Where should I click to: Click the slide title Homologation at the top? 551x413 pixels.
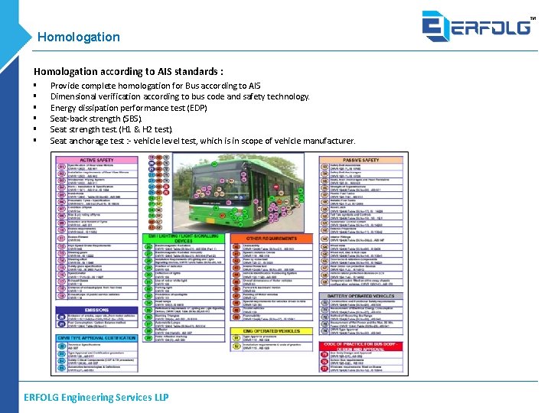pyautogui.click(x=78, y=37)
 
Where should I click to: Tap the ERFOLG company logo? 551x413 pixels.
pyautogui.click(x=476, y=27)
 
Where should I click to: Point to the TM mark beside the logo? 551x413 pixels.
pyautogui.click(x=533, y=18)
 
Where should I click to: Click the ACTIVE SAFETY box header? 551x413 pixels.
pyautogui.click(x=96, y=160)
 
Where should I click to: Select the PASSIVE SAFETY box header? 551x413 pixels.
pyautogui.click(x=360, y=160)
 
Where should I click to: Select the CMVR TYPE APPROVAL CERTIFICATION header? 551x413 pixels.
pyautogui.click(x=96, y=337)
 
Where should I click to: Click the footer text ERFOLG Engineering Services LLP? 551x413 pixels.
pyautogui.click(x=96, y=397)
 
